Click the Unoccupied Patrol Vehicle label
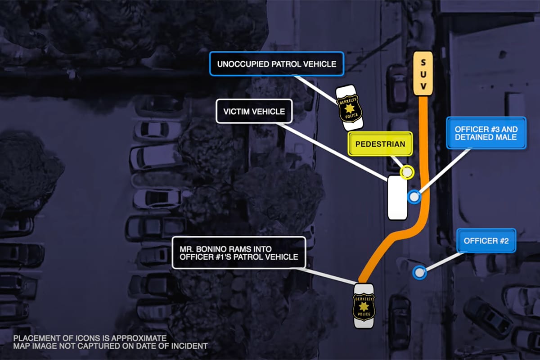276,64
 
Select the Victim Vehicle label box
254,111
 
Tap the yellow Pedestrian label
380,144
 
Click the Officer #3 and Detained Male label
486,133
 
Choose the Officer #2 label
486,241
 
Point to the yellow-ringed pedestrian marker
407,172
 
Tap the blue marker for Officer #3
414,197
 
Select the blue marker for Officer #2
419,272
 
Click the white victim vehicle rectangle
397,198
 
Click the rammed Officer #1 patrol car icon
364,306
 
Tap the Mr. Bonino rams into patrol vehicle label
238,252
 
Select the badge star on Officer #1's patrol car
364,307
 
